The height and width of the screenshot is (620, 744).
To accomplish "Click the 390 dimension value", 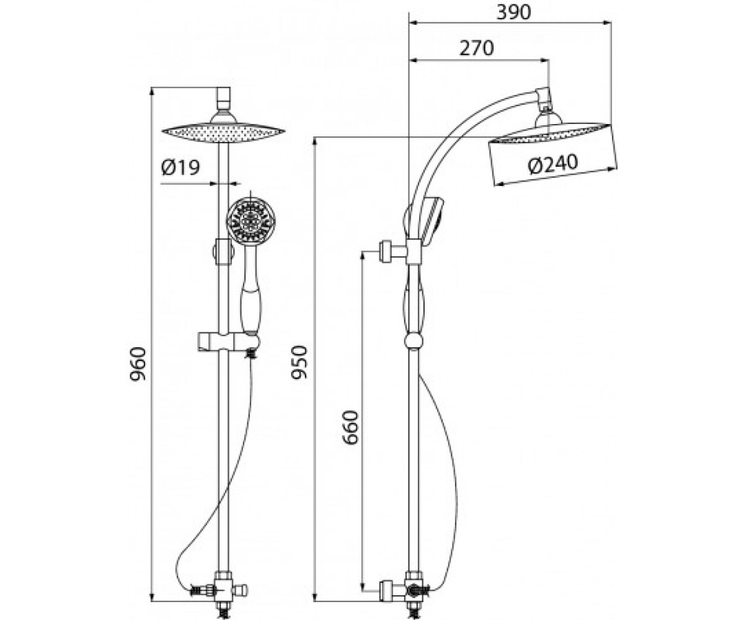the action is (513, 12).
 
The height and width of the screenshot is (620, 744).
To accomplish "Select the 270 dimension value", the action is (477, 48).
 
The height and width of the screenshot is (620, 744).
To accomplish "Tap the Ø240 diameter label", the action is (553, 164).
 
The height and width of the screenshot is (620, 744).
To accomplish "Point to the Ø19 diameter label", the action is (180, 167).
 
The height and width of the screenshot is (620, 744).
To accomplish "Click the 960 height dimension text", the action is (138, 365).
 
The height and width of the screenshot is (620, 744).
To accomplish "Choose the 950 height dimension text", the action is (299, 362).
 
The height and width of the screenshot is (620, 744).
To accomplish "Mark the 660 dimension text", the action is (350, 428).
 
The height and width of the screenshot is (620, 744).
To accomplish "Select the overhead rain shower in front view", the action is (223, 131).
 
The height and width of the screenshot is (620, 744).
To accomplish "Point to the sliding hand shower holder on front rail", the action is (228, 342).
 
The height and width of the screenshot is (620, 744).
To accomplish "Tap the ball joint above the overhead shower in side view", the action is (544, 107).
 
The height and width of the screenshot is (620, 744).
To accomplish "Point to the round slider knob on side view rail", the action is (413, 341).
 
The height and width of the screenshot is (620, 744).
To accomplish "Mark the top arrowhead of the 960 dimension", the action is (152, 92).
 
